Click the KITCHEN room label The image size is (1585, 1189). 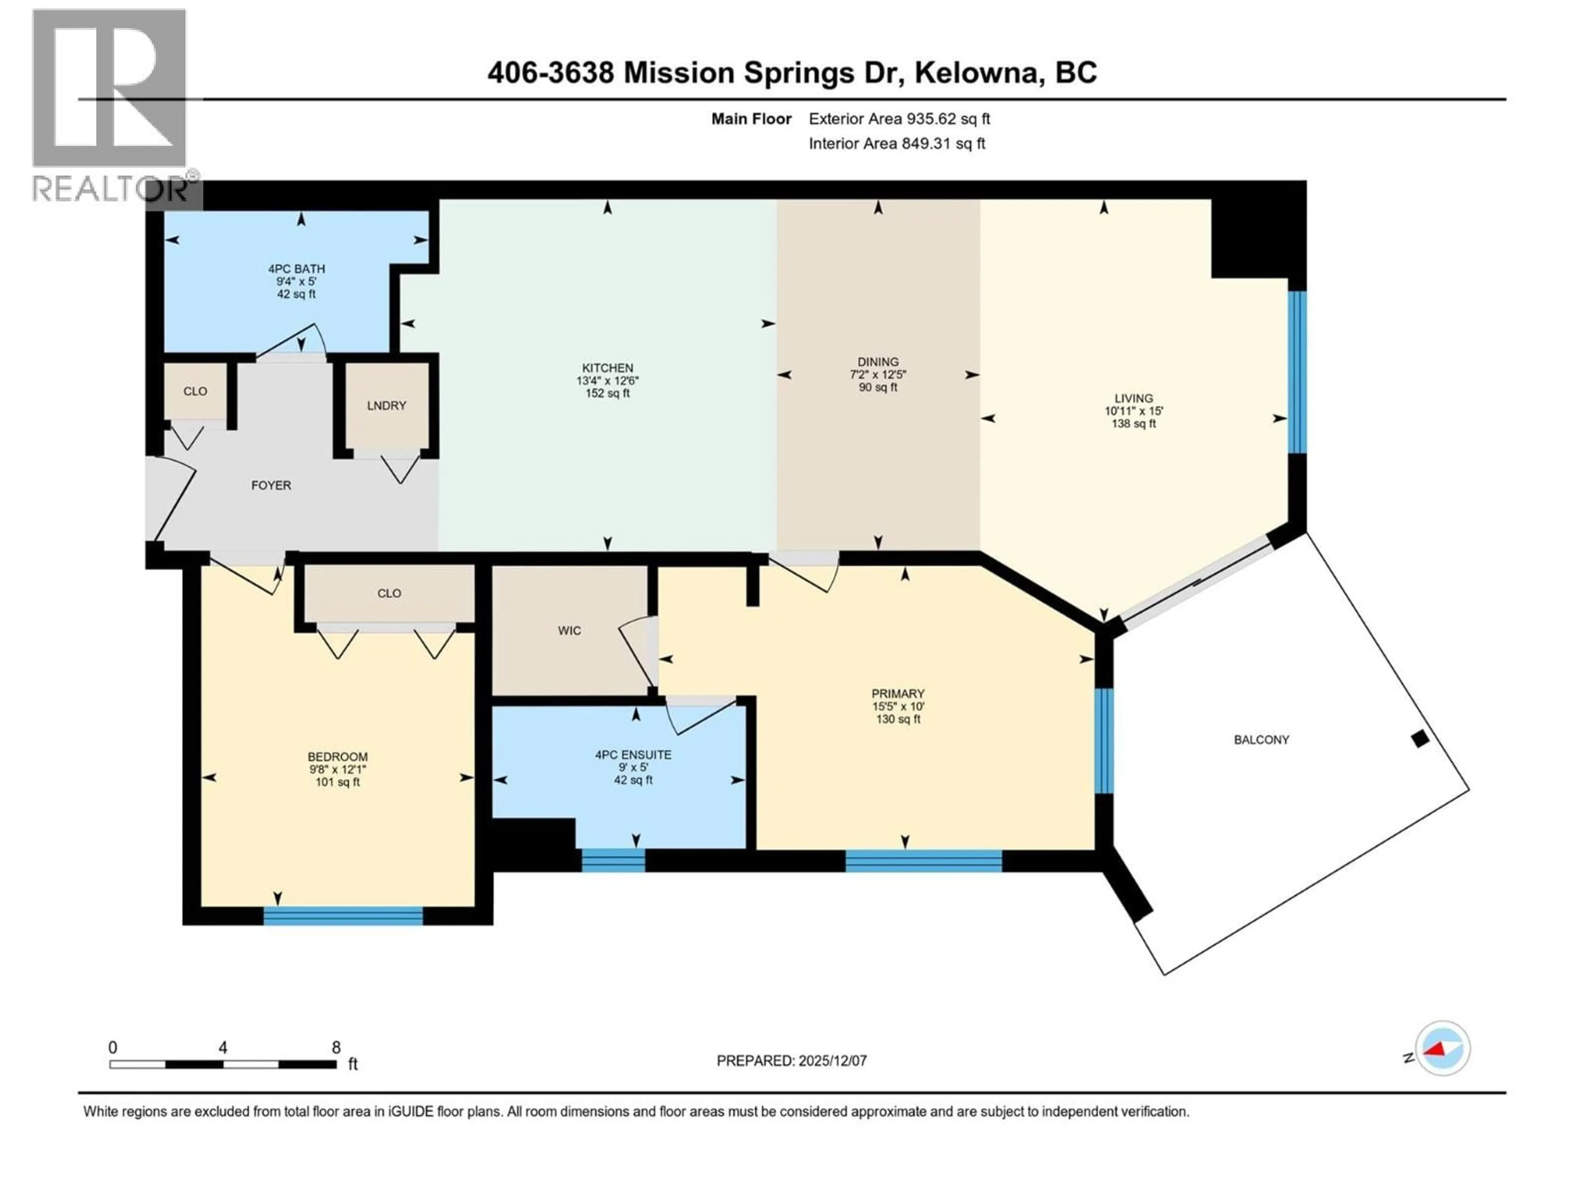[x=608, y=368]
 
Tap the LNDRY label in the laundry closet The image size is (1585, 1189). [x=386, y=406]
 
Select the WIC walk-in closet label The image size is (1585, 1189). [x=570, y=631]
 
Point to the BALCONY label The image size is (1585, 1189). [x=1261, y=740]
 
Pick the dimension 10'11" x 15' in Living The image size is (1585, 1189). [x=1133, y=411]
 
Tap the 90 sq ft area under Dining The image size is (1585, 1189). [x=878, y=388]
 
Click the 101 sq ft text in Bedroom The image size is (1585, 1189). [x=338, y=782]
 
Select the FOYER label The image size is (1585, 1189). [x=271, y=485]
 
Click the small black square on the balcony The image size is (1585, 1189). [x=1419, y=739]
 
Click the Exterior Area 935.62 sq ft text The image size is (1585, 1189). [x=899, y=119]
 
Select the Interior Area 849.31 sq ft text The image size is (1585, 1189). [x=897, y=143]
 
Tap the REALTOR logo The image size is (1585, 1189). [x=111, y=107]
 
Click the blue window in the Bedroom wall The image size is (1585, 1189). [x=343, y=916]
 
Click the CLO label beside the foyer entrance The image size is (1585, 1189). [x=195, y=391]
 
